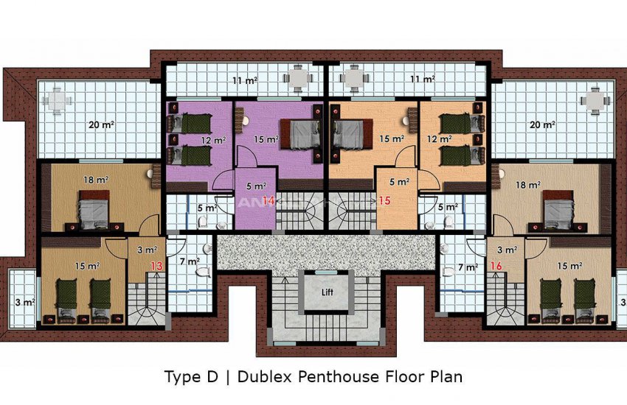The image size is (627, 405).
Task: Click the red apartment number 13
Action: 156,266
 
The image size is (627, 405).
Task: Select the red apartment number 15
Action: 383,201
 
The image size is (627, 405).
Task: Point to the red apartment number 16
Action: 496,266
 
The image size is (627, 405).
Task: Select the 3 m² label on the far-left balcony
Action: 24,301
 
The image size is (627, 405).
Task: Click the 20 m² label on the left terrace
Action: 100,124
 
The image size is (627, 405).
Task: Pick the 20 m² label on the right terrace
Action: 543,124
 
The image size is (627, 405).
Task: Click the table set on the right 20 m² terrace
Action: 595,100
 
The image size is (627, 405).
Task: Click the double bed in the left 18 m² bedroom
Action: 94,210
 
